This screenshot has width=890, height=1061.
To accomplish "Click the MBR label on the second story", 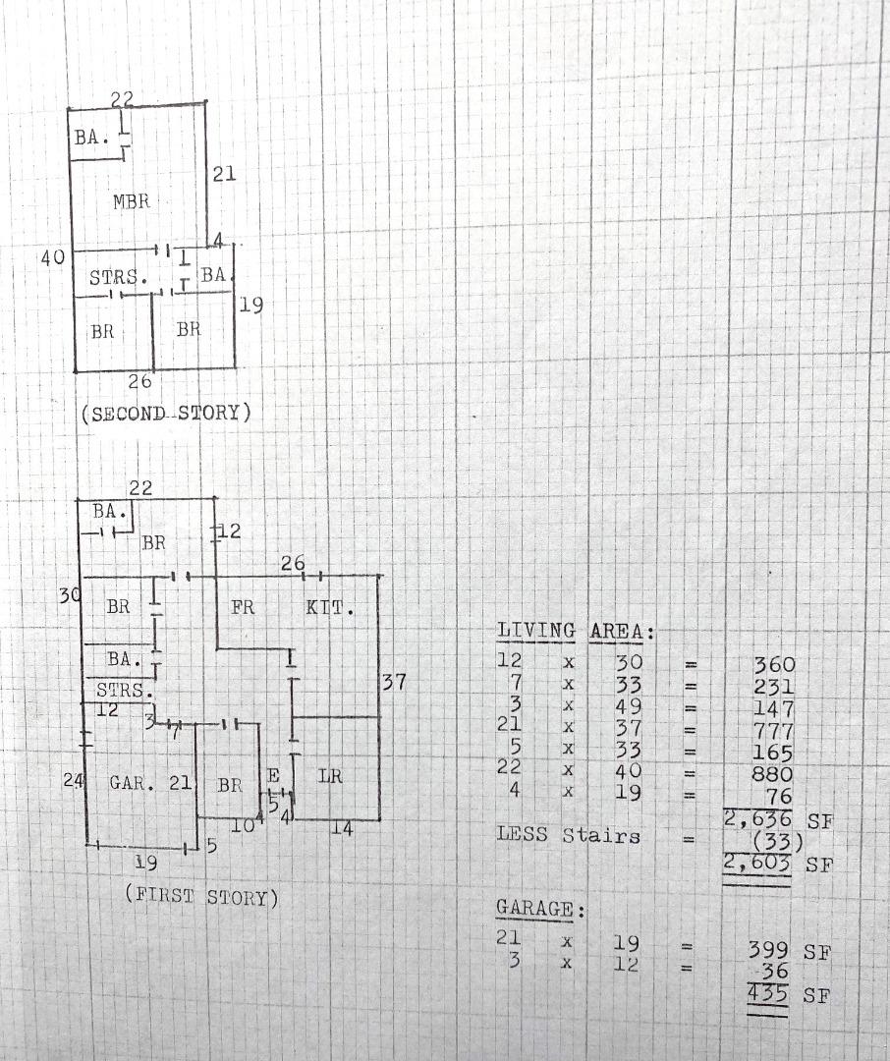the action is point(132,201).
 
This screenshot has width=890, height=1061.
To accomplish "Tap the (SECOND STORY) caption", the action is point(166,413).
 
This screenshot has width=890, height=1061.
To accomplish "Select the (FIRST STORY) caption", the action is point(201,897).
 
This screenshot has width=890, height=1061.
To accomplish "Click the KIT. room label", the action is point(330,607).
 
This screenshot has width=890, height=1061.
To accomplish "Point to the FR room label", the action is point(243,607).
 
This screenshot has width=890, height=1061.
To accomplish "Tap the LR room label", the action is point(330,776).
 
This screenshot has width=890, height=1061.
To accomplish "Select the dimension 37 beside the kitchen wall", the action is point(394,682).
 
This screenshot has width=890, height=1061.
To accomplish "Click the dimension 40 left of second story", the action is point(53,257).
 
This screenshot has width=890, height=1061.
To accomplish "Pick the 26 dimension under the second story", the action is point(140,381).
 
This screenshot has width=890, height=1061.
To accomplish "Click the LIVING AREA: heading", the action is point(576,632).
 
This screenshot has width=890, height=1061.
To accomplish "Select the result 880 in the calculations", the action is point(771,773).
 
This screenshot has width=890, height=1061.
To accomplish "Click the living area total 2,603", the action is point(757,863).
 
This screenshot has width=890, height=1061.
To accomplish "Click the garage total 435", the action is point(768,994).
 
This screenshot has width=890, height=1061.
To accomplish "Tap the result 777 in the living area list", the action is point(772,731).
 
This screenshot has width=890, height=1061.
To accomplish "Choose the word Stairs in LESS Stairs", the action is point(601,836).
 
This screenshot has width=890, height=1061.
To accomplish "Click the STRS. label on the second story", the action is point(118,277).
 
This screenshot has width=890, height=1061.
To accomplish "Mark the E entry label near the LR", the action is point(273,775).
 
